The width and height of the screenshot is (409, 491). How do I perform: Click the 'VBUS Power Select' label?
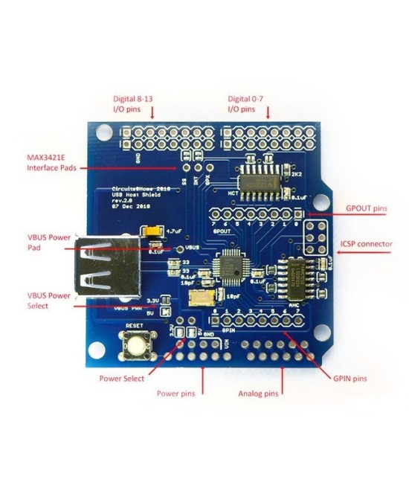pos(49,301)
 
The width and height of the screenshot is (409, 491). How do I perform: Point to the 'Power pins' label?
pos(175,393)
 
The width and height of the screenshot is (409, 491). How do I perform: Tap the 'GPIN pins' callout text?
pos(349,379)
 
